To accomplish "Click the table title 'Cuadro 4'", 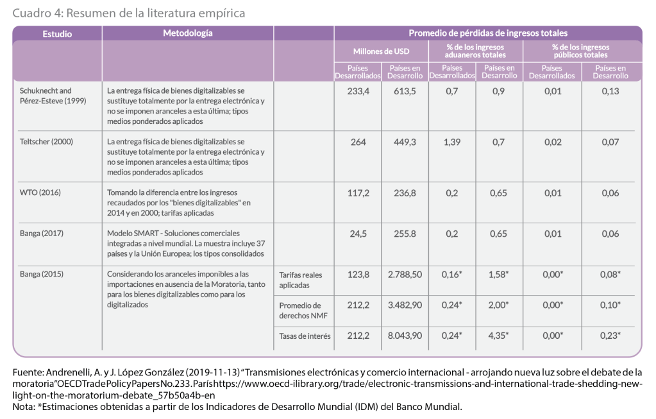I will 128,12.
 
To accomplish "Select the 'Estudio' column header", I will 57,34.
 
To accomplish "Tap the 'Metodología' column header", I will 187,33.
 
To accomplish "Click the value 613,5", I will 405,91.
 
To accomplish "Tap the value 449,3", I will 405,142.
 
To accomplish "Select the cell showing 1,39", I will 452,142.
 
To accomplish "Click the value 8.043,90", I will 405,336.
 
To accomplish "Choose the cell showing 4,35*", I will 500,336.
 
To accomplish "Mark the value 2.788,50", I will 405,275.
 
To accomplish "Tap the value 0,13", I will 610,91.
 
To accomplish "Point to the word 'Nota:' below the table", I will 25,406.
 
